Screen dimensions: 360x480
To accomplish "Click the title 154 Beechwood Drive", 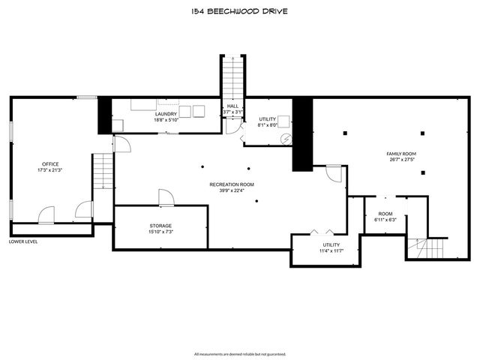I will [240, 11].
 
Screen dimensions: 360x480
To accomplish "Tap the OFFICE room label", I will [50, 163].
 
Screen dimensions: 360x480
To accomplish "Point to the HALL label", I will [232, 106].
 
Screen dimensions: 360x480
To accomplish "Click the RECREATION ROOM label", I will [231, 184].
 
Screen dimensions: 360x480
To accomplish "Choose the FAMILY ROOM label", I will [400, 154].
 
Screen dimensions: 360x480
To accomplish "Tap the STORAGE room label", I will [160, 226].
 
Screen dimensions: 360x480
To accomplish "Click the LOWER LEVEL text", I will [23, 241].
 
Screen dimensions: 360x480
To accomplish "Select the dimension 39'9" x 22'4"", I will [231, 190].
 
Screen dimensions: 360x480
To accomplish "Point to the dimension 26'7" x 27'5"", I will [400, 160].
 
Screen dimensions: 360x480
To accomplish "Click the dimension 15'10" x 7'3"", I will [160, 232].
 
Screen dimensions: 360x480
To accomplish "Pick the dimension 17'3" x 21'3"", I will [50, 169].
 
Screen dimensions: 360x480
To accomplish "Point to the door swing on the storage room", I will [166, 198].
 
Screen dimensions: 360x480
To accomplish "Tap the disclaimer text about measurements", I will [240, 353].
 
